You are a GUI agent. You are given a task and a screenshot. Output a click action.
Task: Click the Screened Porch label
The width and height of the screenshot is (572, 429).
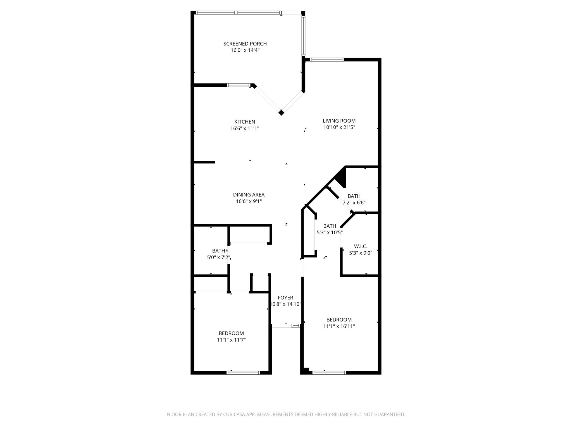[x=245, y=44]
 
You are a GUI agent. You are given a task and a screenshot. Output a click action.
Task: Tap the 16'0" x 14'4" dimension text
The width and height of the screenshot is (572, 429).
[x=245, y=51]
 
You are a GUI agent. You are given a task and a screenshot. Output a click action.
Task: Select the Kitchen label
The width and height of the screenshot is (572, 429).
[x=245, y=122]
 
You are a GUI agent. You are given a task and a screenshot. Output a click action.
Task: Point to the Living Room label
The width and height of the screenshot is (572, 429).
[x=339, y=121]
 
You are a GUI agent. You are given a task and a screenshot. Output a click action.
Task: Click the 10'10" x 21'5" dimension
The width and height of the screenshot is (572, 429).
[x=339, y=127]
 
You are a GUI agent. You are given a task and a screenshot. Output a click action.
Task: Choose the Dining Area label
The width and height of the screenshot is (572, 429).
[x=249, y=195]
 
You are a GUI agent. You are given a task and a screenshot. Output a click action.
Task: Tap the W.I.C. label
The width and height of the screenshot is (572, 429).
[x=360, y=246]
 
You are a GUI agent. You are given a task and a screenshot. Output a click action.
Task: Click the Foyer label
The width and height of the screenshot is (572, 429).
[x=285, y=298]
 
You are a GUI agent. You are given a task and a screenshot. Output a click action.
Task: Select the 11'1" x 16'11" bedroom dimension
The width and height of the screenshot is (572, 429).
[x=339, y=326]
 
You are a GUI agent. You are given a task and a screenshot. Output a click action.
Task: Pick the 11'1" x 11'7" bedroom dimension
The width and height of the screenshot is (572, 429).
[x=231, y=340]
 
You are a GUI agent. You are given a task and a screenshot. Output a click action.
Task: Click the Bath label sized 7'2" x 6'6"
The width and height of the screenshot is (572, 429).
[x=354, y=196]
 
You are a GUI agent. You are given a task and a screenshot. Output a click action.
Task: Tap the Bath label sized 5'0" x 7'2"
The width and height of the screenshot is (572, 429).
[x=218, y=251]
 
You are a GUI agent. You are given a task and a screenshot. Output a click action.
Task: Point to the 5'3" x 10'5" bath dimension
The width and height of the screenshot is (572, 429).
[x=330, y=232]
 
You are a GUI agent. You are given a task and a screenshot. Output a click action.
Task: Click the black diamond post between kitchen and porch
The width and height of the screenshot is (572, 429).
[x=281, y=113]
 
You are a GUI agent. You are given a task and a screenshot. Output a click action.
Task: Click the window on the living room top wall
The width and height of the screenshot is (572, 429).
[x=326, y=59]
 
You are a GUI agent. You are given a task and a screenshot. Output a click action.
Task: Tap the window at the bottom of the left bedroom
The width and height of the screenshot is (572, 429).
[x=243, y=373]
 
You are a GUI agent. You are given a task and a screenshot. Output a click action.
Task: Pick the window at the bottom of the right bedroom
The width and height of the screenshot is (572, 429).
[x=329, y=373]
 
